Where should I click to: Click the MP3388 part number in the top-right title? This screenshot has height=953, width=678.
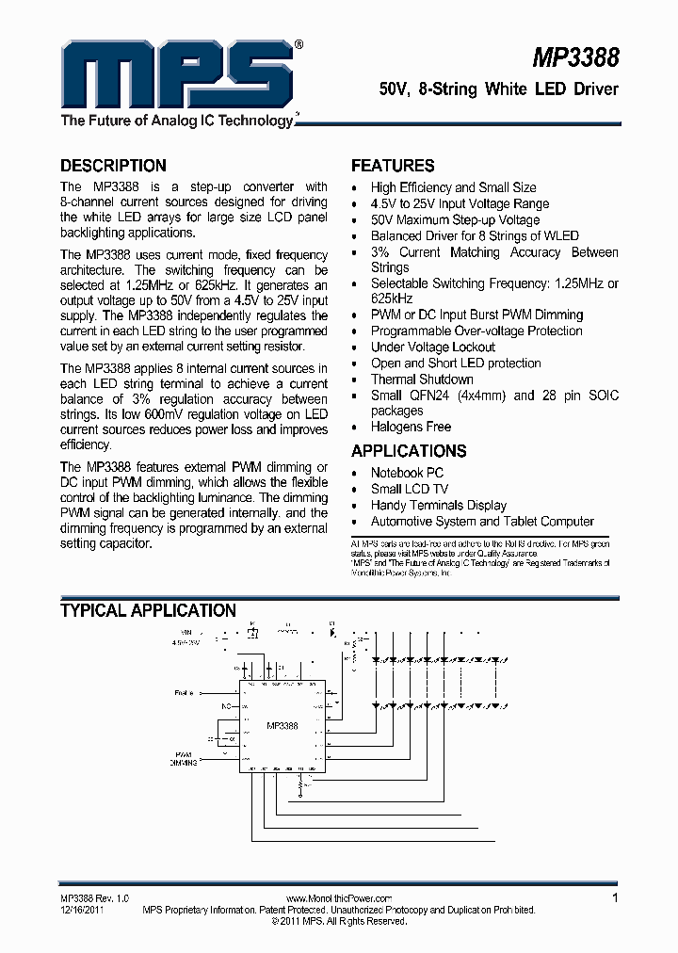point(575,57)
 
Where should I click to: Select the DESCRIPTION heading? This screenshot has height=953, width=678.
point(113,166)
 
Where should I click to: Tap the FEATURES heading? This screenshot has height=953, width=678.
point(393,166)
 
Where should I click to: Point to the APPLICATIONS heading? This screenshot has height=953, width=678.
point(409,451)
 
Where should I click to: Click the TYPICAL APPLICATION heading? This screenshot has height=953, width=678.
point(148,611)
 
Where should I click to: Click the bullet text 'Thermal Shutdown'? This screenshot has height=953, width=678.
point(422,380)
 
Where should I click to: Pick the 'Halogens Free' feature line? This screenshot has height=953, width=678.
point(411,427)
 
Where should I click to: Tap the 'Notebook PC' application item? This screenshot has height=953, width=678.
point(407,473)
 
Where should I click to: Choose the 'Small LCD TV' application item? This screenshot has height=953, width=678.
point(410,489)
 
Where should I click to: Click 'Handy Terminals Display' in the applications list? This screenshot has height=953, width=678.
point(438,505)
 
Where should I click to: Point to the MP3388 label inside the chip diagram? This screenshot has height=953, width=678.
point(282,726)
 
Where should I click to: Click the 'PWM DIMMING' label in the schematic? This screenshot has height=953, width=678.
point(185,759)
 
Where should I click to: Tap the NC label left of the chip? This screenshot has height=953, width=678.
point(226,704)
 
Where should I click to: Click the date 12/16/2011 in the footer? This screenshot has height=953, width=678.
point(82,911)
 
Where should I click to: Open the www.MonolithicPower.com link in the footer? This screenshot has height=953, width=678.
point(338,899)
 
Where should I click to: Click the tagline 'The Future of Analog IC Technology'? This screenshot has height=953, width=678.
point(177,121)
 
